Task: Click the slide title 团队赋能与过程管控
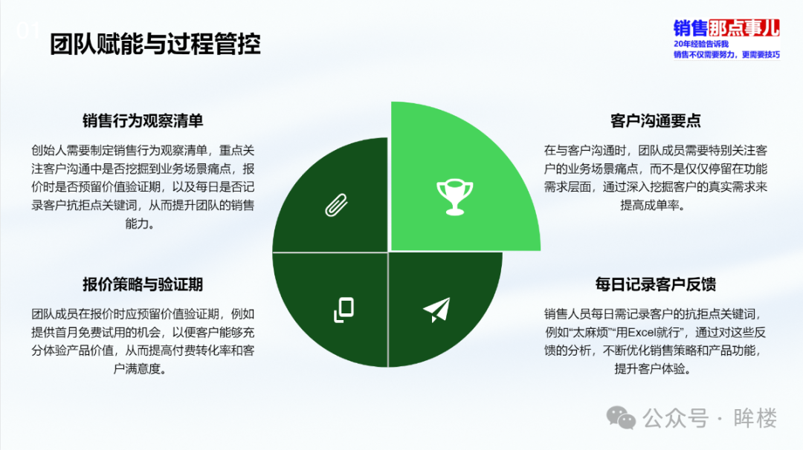coord(155,44)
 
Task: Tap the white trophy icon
coord(455,197)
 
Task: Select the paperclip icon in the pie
coord(337,205)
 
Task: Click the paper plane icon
coord(436,310)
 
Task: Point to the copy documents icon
coord(344,310)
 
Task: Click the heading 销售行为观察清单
coord(143,121)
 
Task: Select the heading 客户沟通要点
coord(655,121)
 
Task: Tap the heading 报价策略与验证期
coord(143,284)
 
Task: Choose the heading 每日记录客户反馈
coord(655,284)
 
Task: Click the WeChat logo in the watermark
coord(621,418)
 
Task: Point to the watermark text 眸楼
coord(755,418)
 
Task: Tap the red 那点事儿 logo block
coord(744,27)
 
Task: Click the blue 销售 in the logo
coord(690,27)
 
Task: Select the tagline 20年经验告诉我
coord(700,44)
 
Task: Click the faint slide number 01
coord(28,31)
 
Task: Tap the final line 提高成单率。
coord(653,206)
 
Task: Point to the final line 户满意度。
coord(140,369)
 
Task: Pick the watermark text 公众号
coord(675,418)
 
